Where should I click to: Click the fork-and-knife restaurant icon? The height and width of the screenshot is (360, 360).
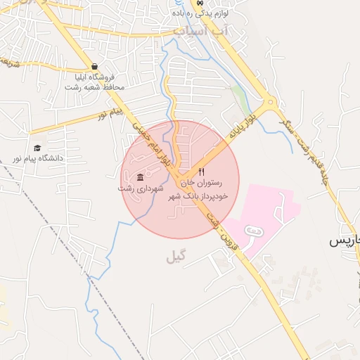tap(202, 172)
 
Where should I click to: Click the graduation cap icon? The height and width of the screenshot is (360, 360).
tap(37, 148)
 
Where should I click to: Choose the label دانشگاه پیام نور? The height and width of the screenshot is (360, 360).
tap(37, 158)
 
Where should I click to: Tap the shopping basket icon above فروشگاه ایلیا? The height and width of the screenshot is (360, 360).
tap(94, 67)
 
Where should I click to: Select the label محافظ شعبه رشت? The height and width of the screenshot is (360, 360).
tap(94, 87)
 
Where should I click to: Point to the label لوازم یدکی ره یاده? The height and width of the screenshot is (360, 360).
tap(203, 13)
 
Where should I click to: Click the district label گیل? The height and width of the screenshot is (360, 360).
tap(178, 257)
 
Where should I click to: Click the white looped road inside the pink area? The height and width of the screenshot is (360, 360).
tap(255, 231)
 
